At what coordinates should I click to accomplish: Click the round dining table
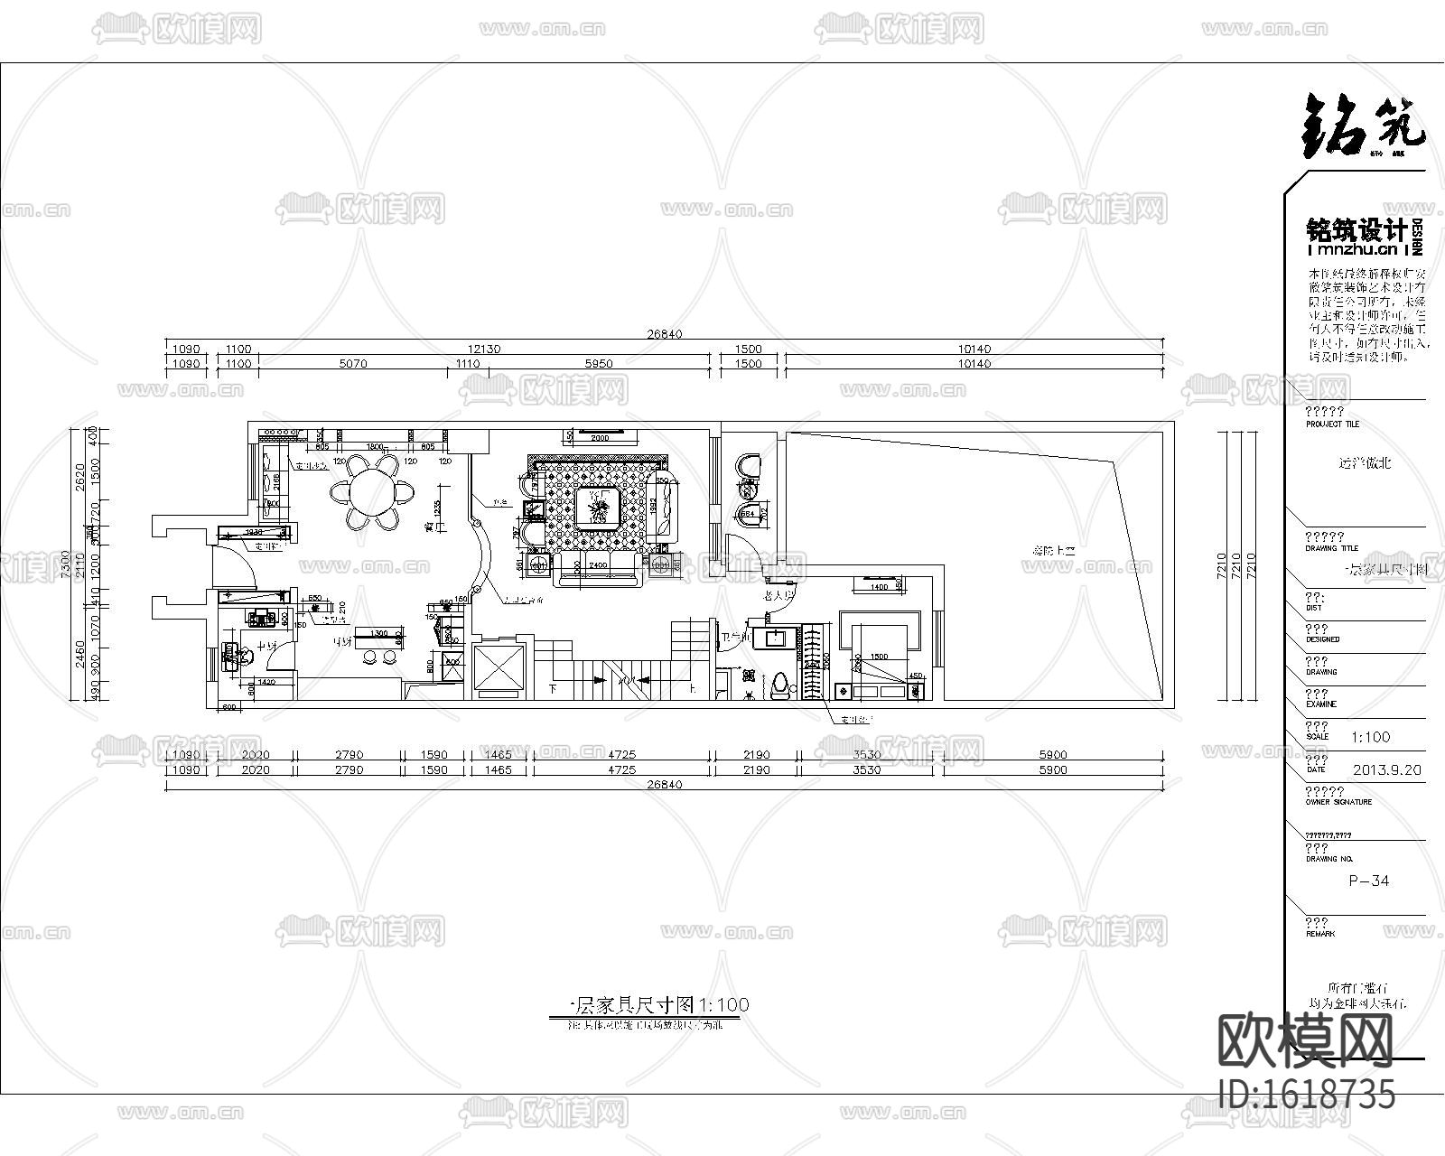[371, 493]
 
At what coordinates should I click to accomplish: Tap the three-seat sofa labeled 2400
[598, 572]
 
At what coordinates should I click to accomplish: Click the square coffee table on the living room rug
[597, 507]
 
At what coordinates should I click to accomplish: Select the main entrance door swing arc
[237, 562]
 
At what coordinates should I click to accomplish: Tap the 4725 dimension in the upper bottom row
[621, 754]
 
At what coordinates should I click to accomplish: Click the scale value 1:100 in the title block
[1370, 736]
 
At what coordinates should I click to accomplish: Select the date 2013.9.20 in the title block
[1387, 769]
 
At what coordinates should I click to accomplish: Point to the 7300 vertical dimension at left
[64, 564]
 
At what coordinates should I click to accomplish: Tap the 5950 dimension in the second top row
[599, 364]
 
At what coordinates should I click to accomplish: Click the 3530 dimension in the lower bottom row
[866, 769]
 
